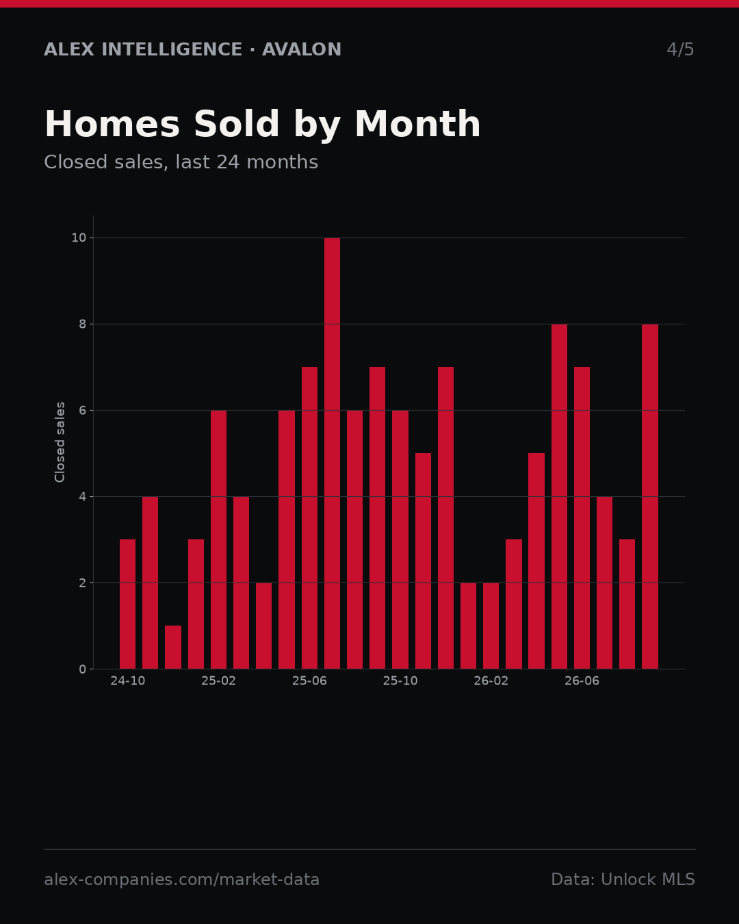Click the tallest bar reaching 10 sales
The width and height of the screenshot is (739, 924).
point(332,453)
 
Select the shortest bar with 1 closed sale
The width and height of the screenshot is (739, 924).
point(173,647)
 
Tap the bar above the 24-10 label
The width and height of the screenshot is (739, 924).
point(127,604)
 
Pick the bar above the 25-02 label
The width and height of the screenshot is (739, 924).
point(218,539)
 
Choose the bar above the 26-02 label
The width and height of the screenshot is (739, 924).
point(491,626)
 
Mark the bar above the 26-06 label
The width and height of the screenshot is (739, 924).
point(582,517)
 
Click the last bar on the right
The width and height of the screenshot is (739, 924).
point(649,496)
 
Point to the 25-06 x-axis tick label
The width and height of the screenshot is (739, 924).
point(309,681)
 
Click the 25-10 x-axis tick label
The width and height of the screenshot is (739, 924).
point(400,681)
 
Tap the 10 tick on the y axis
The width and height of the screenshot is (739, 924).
point(79,238)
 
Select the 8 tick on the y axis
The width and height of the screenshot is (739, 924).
point(82,324)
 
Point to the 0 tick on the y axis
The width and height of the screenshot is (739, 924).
point(82,669)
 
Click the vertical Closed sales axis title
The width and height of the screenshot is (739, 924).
point(60,442)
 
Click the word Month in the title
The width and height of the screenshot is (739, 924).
point(417,124)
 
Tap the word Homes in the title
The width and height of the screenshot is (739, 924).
point(112,124)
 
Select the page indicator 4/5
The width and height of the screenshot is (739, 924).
point(680,49)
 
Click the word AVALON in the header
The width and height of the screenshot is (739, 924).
point(302,49)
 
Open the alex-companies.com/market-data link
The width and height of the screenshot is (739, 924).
point(181,880)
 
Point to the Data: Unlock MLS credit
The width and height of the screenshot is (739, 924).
point(623,879)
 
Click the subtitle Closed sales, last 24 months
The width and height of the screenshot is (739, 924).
point(181,162)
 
